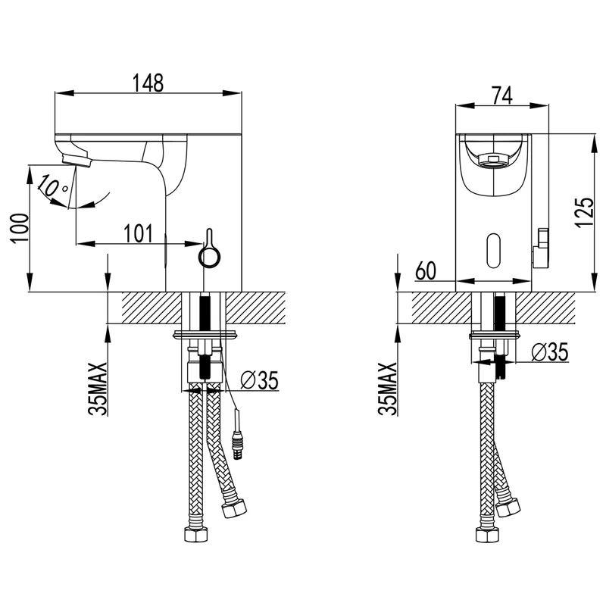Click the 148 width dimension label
(x=148, y=83)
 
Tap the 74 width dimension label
(x=501, y=95)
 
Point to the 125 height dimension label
(x=584, y=213)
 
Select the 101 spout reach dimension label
(x=139, y=234)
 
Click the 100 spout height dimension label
(x=20, y=228)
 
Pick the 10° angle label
(x=53, y=186)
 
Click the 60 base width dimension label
(x=426, y=270)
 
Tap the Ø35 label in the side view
(x=259, y=380)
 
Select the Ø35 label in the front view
(x=550, y=352)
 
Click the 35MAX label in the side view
(x=98, y=389)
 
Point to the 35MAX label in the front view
(x=388, y=389)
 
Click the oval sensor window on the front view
(x=494, y=251)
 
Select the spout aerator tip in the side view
(x=77, y=160)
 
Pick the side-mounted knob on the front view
(x=541, y=248)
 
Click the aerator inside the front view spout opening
(x=492, y=160)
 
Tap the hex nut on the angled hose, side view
(x=234, y=508)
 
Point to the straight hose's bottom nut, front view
(x=486, y=536)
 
